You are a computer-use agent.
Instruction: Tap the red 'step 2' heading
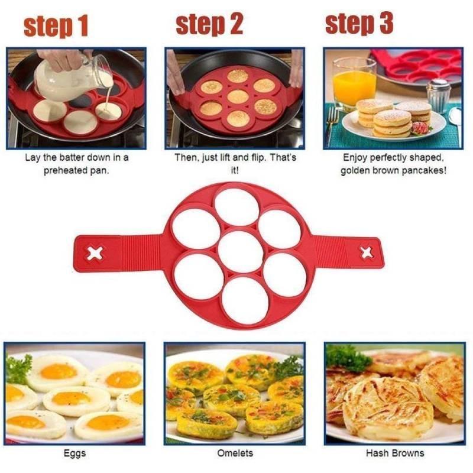tap(210, 24)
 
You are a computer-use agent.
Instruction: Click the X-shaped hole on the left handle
tap(95, 254)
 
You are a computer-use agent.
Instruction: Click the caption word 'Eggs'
tap(75, 453)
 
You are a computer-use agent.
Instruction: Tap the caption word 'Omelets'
tap(235, 453)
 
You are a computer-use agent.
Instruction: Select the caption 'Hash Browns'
tap(394, 453)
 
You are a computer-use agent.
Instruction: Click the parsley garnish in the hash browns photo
tap(346, 357)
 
